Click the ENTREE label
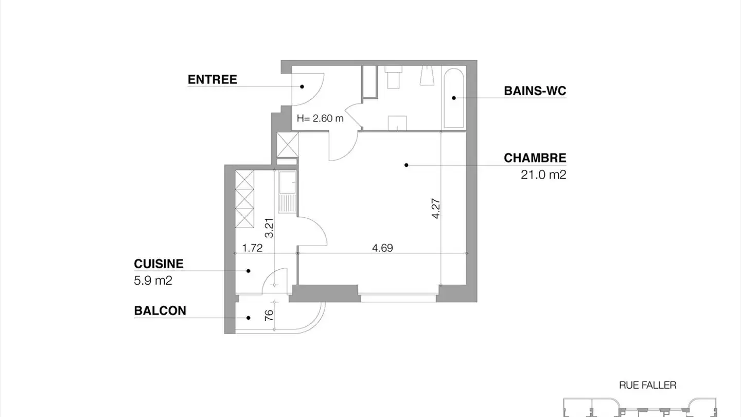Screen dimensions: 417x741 pyautogui.click(x=212, y=80)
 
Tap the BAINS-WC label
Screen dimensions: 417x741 pyautogui.click(x=535, y=91)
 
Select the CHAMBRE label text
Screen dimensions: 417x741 pyautogui.click(x=535, y=158)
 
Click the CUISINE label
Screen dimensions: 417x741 pyautogui.click(x=158, y=264)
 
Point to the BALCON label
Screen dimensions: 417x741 pyautogui.click(x=160, y=311)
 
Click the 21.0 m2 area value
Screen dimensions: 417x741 pyautogui.click(x=543, y=175)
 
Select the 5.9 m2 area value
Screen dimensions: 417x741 pyautogui.click(x=152, y=281)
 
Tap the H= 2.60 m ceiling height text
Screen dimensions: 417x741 pyautogui.click(x=320, y=118)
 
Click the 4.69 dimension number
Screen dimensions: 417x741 pyautogui.click(x=382, y=248)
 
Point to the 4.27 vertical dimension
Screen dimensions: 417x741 pyautogui.click(x=436, y=209)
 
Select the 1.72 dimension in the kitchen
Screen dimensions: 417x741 pyautogui.click(x=253, y=248)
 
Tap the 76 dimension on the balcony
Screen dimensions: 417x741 pyautogui.click(x=269, y=315)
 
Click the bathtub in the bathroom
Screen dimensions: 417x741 pyautogui.click(x=453, y=97)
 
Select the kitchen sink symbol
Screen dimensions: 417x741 pyautogui.click(x=287, y=183)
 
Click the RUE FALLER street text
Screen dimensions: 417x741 pyautogui.click(x=647, y=385)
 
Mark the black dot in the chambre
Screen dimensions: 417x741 pyautogui.click(x=406, y=165)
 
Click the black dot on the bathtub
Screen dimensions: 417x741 pyautogui.click(x=454, y=97)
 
